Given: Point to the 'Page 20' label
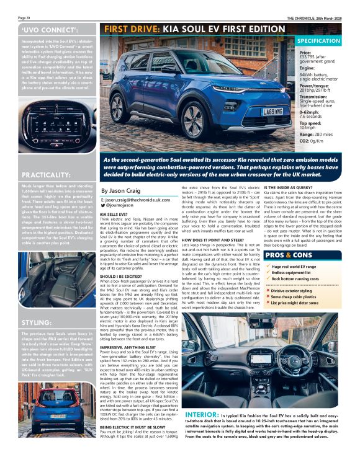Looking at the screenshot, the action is click(9, 18).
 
